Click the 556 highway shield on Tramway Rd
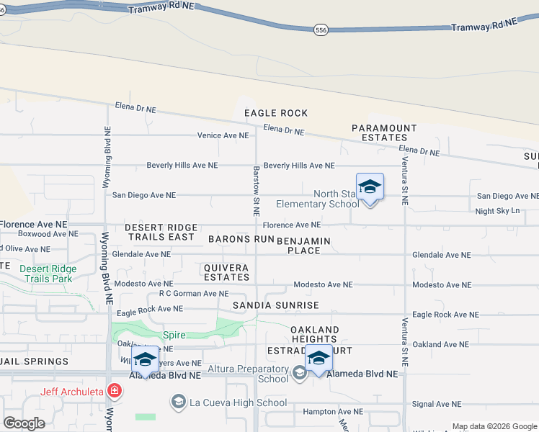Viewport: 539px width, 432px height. click(x=321, y=30)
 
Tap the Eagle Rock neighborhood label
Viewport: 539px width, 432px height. click(x=276, y=113)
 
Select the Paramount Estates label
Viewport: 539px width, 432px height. click(x=384, y=132)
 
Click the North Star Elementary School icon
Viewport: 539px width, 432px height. click(x=370, y=187)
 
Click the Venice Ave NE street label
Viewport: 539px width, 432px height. click(x=223, y=135)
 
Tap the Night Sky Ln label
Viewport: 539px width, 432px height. click(x=497, y=211)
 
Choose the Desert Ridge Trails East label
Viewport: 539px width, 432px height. click(x=159, y=232)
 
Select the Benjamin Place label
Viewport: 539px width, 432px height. click(x=303, y=245)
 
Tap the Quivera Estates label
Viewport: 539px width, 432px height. click(x=226, y=272)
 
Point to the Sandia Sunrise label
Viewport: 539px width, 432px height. click(x=275, y=306)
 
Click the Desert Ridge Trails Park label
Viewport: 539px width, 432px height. click(x=48, y=274)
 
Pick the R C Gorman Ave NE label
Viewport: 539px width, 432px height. click(x=194, y=294)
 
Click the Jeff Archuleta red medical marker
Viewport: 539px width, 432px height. click(x=114, y=391)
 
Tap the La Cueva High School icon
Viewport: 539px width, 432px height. click(x=179, y=400)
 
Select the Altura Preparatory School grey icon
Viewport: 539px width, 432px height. click(x=300, y=372)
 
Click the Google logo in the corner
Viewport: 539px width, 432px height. click(x=24, y=423)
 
